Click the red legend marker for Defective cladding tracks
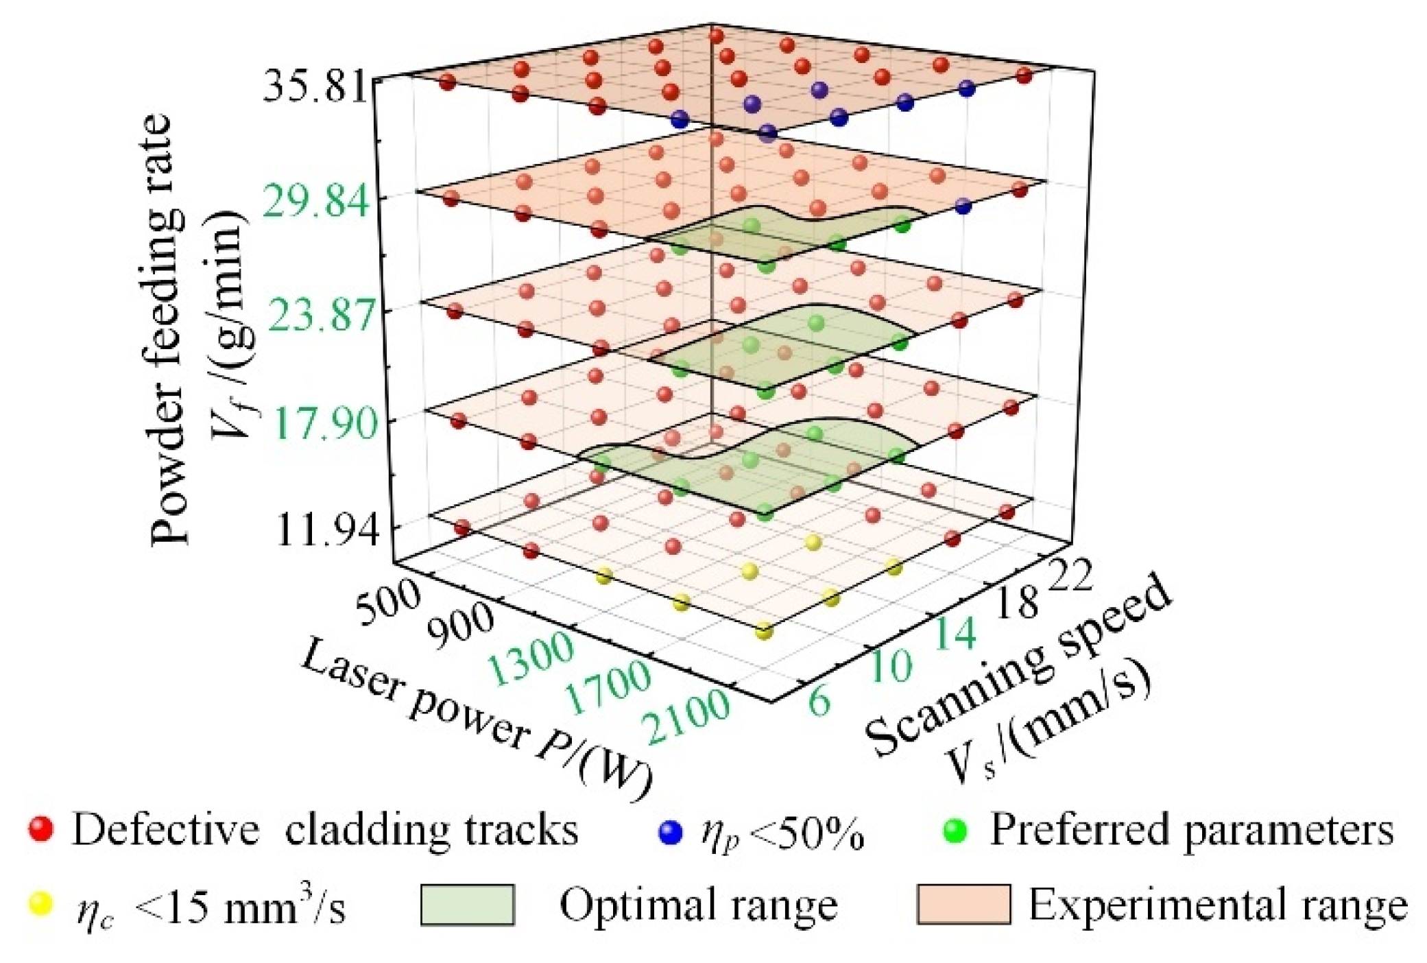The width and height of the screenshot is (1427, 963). coord(42,830)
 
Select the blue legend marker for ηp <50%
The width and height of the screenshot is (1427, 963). coord(671,832)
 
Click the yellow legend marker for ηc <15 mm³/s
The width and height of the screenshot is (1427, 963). coord(42,905)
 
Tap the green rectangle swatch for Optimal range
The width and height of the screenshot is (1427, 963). coord(468,905)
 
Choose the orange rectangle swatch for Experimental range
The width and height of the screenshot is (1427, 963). coord(963,905)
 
